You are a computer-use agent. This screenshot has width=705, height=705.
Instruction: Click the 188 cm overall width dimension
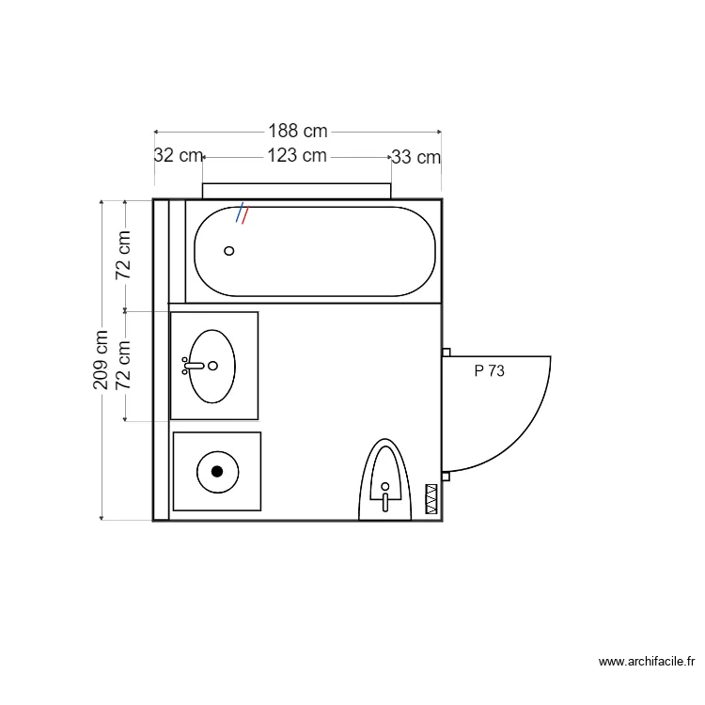(x=297, y=132)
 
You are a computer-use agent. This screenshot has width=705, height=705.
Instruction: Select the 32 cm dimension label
(x=178, y=156)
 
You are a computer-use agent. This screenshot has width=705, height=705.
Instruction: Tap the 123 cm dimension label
(x=297, y=156)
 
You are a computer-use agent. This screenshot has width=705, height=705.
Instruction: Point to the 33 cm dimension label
(x=415, y=157)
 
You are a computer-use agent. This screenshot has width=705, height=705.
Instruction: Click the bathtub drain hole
(x=228, y=251)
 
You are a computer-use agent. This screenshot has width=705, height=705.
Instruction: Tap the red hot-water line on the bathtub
(x=246, y=215)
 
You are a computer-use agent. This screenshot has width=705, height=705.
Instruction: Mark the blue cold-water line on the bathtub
(x=240, y=212)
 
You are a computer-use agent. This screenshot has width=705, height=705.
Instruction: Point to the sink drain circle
(x=213, y=366)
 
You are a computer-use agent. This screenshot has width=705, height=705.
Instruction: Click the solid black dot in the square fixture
(x=217, y=471)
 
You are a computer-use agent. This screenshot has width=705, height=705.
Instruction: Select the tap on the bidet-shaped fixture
(x=384, y=496)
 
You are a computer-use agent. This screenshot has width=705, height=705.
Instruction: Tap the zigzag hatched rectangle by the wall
(x=432, y=498)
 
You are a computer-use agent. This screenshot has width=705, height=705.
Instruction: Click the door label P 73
(x=489, y=371)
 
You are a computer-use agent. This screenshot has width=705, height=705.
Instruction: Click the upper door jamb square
(x=446, y=352)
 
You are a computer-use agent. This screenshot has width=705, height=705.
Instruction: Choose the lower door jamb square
(x=446, y=477)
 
